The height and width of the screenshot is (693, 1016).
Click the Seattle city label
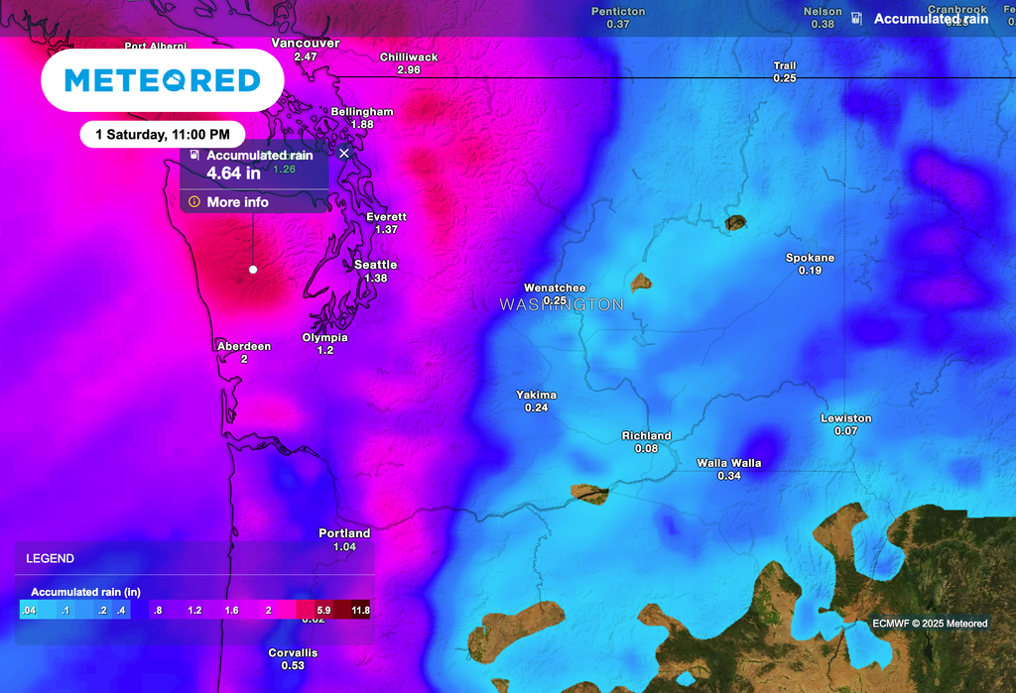point(375,265)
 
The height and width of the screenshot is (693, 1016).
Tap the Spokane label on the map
point(810,258)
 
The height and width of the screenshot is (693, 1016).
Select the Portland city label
point(344,533)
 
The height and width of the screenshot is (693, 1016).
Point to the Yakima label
point(536,395)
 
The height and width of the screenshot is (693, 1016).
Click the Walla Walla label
point(728,463)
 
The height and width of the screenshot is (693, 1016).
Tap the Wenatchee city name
point(555,289)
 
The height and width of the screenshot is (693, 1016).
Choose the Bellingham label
point(361,112)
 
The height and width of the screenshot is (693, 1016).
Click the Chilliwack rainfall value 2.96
point(408,70)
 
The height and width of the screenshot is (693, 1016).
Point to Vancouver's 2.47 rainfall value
point(306,57)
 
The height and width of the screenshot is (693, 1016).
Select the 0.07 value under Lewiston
point(845,431)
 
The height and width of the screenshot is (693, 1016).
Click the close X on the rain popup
point(344,154)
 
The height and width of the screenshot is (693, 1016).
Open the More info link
point(237,202)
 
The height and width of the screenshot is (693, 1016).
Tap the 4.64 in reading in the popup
point(233,173)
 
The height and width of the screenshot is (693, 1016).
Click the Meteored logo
point(163,80)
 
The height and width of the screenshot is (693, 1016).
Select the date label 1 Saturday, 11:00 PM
point(163,133)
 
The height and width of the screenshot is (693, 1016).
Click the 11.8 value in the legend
point(360,611)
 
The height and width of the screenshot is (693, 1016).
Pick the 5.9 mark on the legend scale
point(323,611)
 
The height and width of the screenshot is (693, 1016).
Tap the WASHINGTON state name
point(562,304)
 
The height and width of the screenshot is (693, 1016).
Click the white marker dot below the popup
point(253,269)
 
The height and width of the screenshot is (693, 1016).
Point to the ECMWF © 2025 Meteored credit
point(930,624)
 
